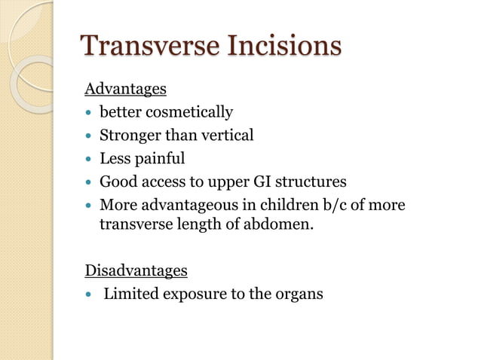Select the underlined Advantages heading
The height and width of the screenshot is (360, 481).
[126, 90]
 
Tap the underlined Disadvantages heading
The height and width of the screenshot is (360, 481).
[136, 270]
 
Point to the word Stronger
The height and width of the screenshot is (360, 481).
[130, 136]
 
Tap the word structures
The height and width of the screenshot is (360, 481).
[308, 182]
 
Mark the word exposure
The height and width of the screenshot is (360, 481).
[188, 293]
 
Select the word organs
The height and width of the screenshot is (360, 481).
[297, 293]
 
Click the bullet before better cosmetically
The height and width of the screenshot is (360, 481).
[89, 114]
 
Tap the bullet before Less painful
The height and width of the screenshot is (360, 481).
[89, 160]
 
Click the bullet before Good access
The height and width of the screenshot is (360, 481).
[89, 182]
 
